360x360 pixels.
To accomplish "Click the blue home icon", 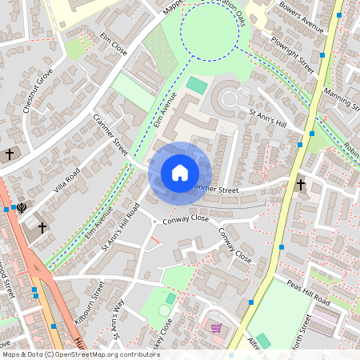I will pos(180,173).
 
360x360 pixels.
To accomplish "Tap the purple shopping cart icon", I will pos(215,327).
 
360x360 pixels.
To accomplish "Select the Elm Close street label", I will pos(114,45).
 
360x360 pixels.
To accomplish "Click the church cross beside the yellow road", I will pos(301,185).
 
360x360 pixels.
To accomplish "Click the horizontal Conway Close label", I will pos(186,218).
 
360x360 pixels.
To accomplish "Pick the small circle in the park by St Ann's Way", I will pos(163,310).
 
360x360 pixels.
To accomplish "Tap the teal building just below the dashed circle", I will pos(196,84).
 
